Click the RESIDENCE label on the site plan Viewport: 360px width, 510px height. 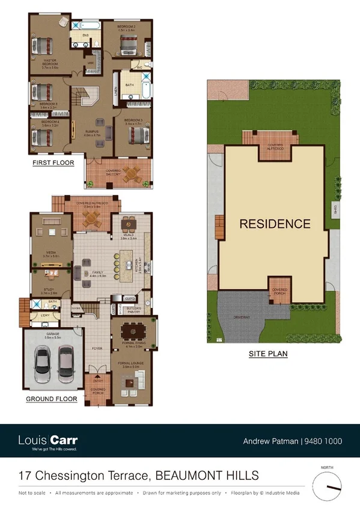[275, 224]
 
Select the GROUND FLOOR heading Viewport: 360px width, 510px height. [51, 399]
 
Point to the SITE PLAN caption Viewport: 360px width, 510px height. [268, 355]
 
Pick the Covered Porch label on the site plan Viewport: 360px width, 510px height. [279, 291]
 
